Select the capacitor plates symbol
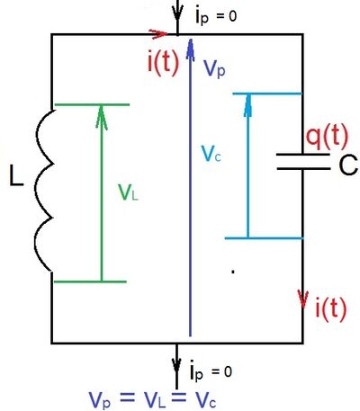click(303, 162)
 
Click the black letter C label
click(348, 165)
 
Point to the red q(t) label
click(327, 138)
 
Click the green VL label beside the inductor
click(128, 192)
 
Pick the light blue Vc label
click(211, 154)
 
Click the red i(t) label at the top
click(163, 63)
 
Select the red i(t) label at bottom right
click(331, 308)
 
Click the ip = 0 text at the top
click(216, 15)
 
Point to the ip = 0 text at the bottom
click(211, 371)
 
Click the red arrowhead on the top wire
click(158, 33)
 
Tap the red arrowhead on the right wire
click(303, 299)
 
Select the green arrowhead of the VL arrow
click(102, 116)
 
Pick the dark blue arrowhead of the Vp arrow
click(190, 48)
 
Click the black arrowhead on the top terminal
click(177, 12)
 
